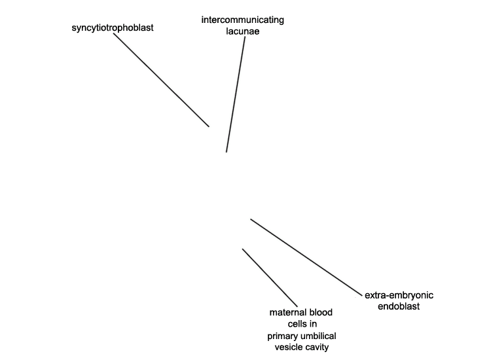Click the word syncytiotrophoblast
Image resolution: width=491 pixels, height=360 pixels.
click(x=113, y=28)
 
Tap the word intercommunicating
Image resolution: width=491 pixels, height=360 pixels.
click(x=243, y=20)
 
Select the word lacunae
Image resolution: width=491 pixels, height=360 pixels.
click(x=243, y=31)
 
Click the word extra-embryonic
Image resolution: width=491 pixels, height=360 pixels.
click(x=399, y=295)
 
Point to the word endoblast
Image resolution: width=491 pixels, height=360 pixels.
click(x=399, y=306)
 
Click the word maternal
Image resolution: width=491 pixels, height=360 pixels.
click(x=288, y=312)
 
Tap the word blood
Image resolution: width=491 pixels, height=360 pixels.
click(x=321, y=312)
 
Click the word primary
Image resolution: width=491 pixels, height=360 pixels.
click(x=281, y=336)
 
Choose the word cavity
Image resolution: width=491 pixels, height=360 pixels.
click(x=317, y=348)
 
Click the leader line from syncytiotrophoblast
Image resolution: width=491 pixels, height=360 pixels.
click(x=161, y=80)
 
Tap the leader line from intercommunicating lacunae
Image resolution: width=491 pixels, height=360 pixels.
click(x=236, y=94)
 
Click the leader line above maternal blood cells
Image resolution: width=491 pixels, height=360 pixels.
click(x=270, y=278)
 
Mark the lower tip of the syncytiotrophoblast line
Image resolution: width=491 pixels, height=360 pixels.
click(x=209, y=126)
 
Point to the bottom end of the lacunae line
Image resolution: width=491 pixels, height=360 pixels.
click(x=227, y=152)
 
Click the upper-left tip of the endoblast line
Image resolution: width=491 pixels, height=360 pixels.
click(x=251, y=219)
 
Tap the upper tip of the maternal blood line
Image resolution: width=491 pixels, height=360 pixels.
click(x=243, y=249)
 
